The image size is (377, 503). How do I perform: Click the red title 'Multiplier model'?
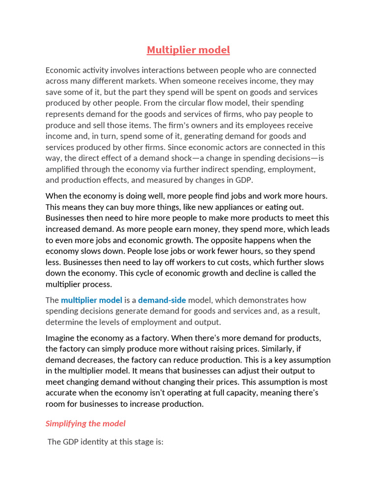tap(188, 50)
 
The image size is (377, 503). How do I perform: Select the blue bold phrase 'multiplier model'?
tap(91, 300)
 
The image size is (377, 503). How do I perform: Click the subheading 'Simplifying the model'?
tap(85, 423)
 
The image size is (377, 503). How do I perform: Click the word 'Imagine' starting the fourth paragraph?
tap(62, 338)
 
